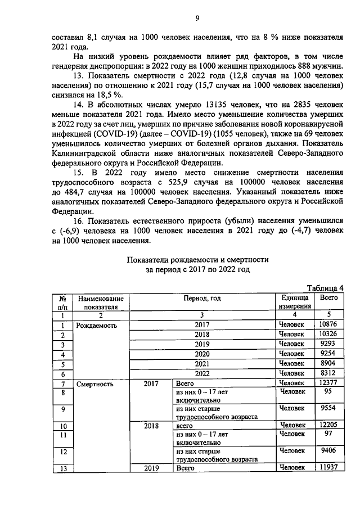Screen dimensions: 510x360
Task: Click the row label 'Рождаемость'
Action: (x=92, y=325)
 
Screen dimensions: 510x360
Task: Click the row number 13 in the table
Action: (x=63, y=468)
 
